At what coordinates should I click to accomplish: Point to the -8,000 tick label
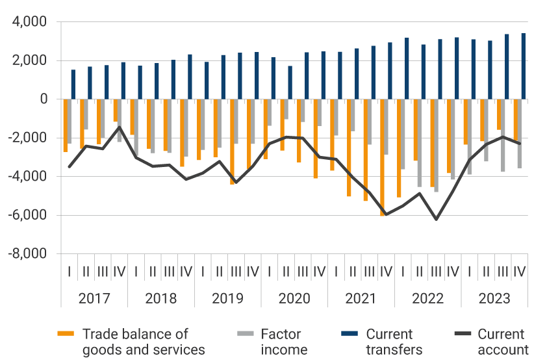[x=27, y=253]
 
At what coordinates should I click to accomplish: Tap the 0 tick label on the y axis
[x=43, y=99]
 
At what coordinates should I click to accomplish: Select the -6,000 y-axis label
[x=27, y=215]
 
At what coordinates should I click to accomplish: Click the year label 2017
[x=94, y=299]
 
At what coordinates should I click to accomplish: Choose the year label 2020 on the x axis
[x=294, y=299]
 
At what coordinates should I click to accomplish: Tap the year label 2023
[x=494, y=299]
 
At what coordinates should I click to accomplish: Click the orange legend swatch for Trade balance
[x=66, y=335]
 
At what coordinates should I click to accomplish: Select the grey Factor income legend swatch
[x=244, y=335]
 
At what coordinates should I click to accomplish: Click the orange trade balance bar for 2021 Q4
[x=383, y=157]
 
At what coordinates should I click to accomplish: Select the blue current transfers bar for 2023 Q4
[x=524, y=66]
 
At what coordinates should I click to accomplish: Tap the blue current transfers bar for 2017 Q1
[x=73, y=84]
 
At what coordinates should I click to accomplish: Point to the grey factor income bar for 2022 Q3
[x=437, y=146]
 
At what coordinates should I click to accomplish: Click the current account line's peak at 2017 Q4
[x=119, y=127]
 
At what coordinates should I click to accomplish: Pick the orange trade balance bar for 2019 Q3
[x=232, y=142]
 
